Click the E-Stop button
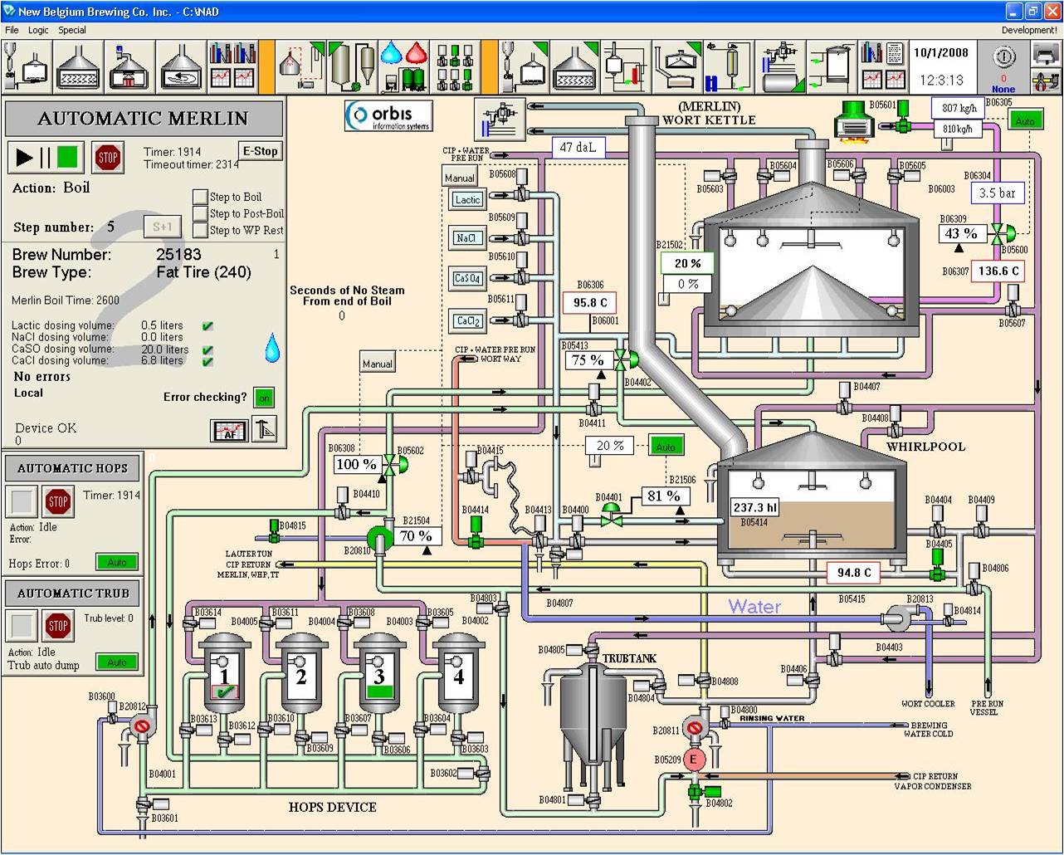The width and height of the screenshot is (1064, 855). click(260, 151)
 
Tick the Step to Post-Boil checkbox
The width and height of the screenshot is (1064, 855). click(200, 213)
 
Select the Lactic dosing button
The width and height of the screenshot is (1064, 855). click(467, 199)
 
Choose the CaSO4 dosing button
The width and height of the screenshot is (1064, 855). click(467, 278)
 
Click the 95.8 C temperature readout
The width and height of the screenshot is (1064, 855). click(589, 302)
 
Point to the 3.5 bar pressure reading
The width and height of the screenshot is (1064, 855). click(998, 193)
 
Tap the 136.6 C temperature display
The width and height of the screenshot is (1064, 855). click(998, 271)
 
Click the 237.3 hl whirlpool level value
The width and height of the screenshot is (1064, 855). click(754, 507)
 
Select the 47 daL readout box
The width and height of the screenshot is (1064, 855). click(578, 148)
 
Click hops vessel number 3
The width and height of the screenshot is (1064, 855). click(379, 677)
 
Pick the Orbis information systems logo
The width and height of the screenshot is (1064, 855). click(388, 115)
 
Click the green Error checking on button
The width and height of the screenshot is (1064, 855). click(264, 398)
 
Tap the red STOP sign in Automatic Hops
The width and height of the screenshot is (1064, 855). click(58, 501)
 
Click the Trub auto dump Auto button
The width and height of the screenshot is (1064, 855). click(117, 662)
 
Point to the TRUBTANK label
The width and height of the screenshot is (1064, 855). click(629, 658)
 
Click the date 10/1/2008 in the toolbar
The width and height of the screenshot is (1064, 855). click(941, 52)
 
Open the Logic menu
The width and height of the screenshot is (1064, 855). click(38, 30)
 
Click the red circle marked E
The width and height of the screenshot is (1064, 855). click(695, 759)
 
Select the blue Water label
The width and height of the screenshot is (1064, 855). click(754, 606)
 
